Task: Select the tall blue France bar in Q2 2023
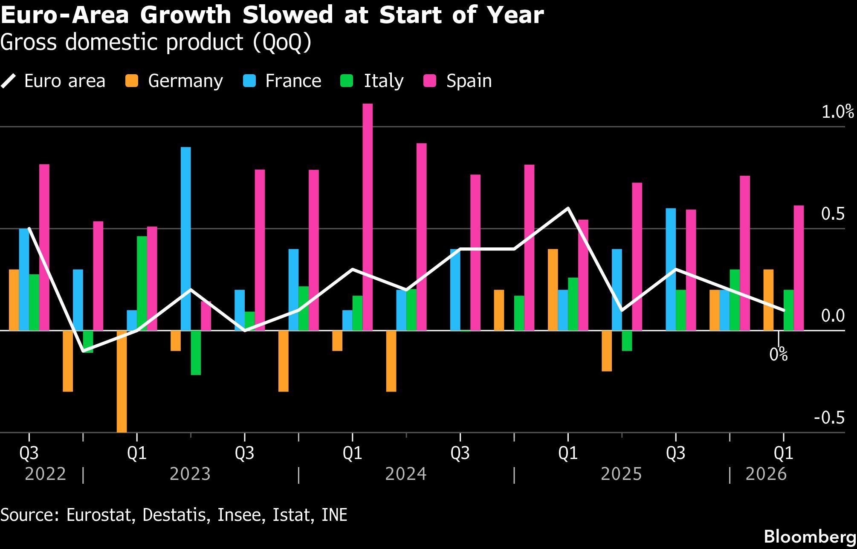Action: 185,238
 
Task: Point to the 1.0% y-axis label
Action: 837,112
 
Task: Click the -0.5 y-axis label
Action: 829,418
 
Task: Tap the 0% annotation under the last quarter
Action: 778,354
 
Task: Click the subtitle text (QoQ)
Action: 282,42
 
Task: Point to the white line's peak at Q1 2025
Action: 568,208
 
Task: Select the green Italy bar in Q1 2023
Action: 142,283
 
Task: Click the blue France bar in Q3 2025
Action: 670,269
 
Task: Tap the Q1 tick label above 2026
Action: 783,453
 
